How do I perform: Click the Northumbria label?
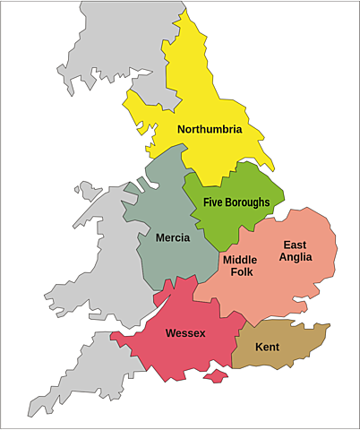[x=210, y=130]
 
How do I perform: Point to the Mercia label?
[x=172, y=238]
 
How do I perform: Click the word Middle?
[x=239, y=260]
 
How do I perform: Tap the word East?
[x=295, y=245]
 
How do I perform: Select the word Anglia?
[x=295, y=258]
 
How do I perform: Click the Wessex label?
[x=185, y=333]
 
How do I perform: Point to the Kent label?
[x=267, y=347]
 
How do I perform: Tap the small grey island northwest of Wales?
[x=89, y=190]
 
